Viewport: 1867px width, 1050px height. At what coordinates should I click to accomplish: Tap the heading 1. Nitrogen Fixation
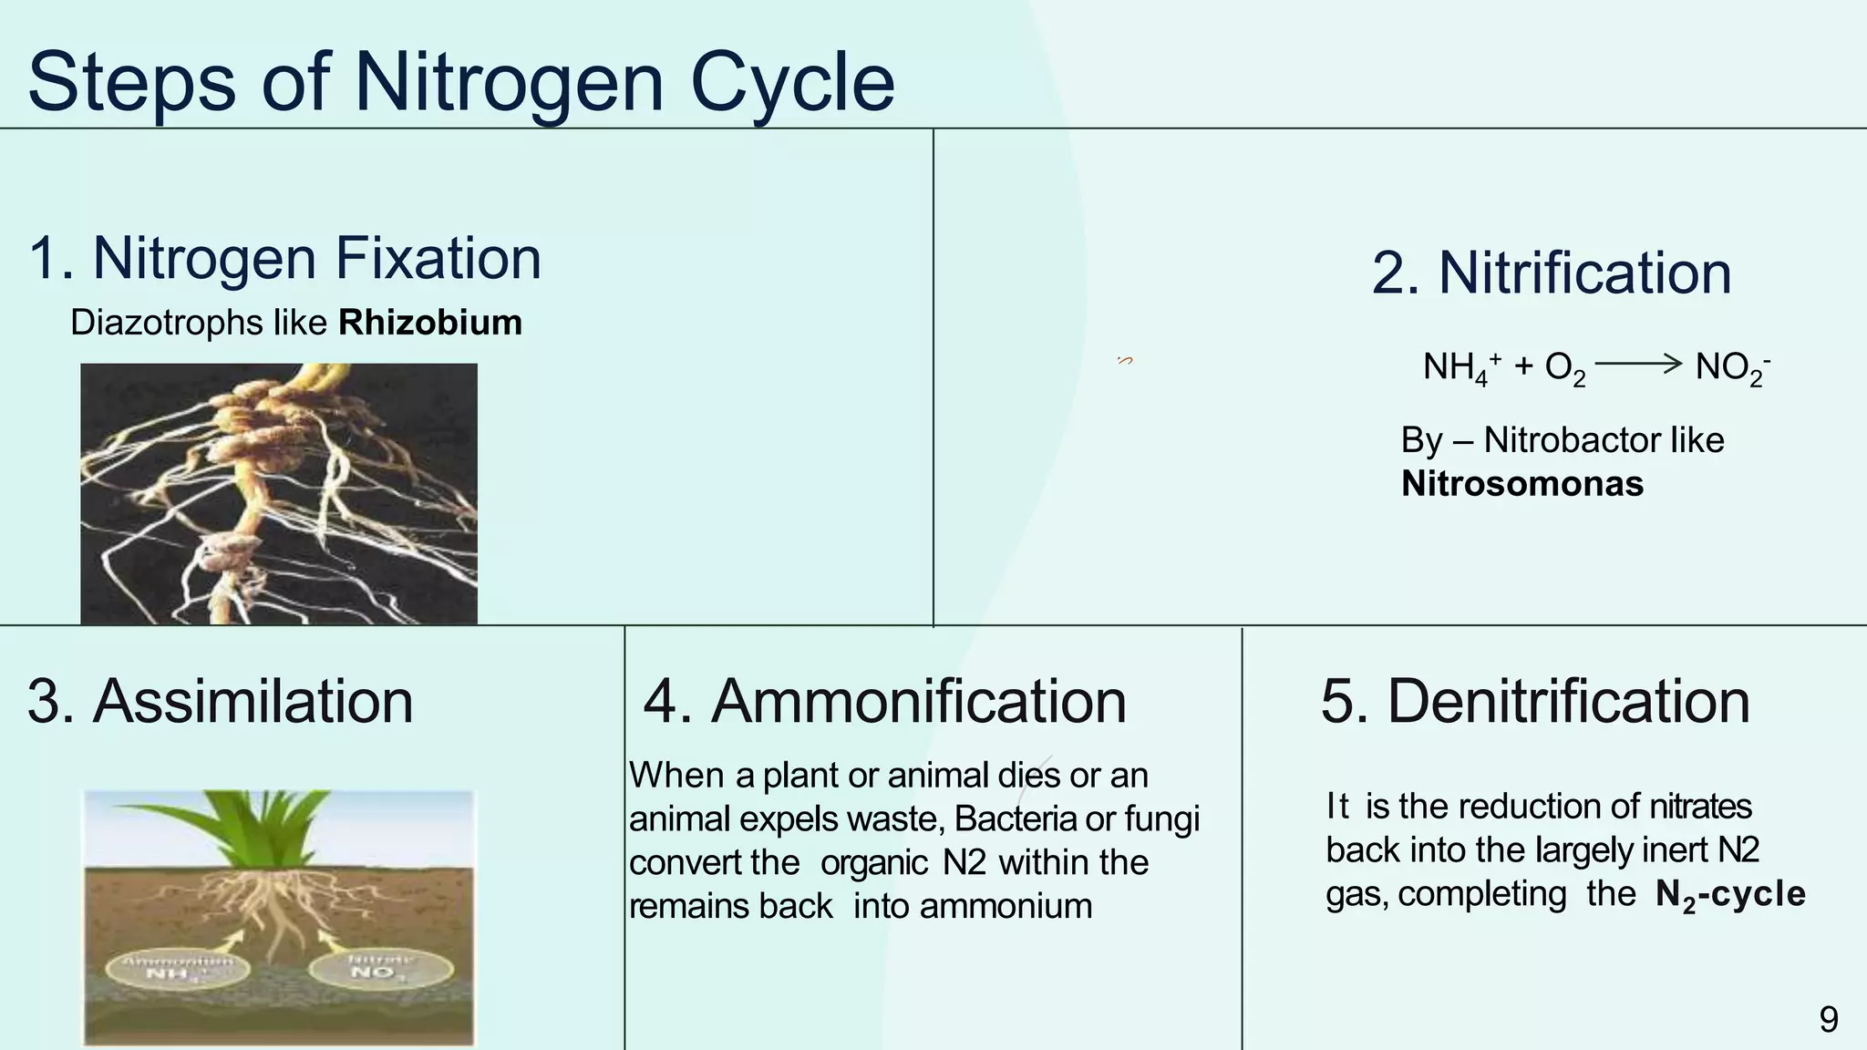(285, 258)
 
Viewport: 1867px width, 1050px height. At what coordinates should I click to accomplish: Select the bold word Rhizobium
(429, 323)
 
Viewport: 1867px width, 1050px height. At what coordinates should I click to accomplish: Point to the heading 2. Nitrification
(1551, 273)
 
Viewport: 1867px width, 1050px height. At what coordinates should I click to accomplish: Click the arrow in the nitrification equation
(1637, 365)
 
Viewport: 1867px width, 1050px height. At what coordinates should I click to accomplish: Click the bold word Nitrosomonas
(1521, 484)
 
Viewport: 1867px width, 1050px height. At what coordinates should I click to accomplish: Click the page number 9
(1828, 1019)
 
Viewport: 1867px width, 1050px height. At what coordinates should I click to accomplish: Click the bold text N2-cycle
(1729, 894)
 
